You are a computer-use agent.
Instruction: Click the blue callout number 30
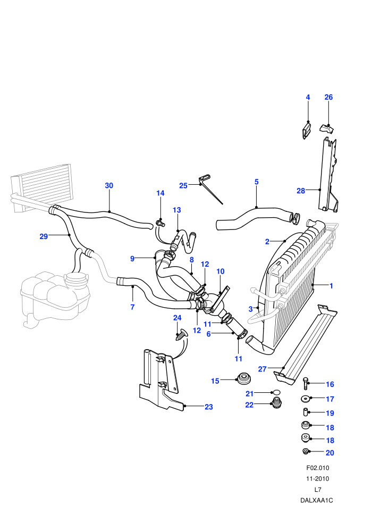tap(109, 186)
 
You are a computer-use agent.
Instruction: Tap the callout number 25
tap(183, 186)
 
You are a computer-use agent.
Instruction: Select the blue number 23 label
tap(209, 407)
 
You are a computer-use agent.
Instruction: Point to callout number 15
tap(215, 381)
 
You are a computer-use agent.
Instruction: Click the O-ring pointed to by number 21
tap(276, 392)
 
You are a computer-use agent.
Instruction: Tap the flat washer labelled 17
tap(305, 399)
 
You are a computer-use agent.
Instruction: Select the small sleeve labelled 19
tap(306, 411)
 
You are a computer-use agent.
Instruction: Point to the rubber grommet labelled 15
tap(244, 379)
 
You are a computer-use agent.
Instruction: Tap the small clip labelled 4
tap(306, 130)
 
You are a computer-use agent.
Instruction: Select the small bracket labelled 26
tap(327, 129)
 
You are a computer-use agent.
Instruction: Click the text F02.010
tap(318, 468)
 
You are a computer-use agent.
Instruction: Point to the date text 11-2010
tap(318, 479)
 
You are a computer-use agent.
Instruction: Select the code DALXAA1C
tap(317, 500)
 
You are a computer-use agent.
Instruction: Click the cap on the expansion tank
tap(77, 278)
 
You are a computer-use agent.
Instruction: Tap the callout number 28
tap(301, 191)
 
